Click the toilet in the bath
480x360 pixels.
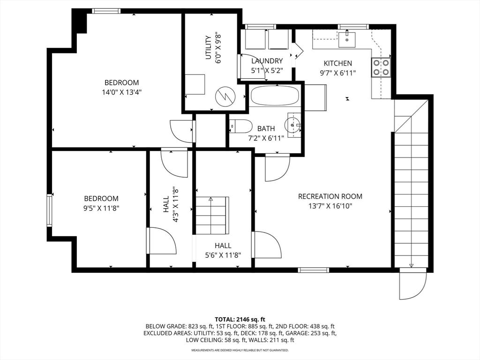pos(239,126)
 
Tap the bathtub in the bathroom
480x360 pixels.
pos(274,96)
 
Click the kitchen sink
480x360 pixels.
pos(347,37)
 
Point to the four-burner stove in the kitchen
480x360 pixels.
pos(381,67)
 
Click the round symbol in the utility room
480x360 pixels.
pos(225,97)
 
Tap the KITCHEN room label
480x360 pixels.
pos(337,63)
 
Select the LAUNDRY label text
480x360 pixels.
pos(267,61)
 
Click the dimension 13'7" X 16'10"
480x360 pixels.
pos(330,206)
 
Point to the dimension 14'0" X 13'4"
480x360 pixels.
pos(121,92)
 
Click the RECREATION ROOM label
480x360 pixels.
pos(330,196)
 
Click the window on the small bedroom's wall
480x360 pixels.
pos(49,210)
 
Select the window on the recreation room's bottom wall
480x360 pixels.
pos(314,270)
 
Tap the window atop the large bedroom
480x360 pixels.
pos(106,11)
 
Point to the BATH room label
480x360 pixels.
pos(266,128)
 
